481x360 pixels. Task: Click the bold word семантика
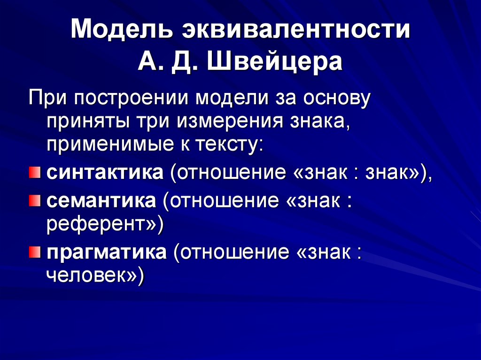click(101, 201)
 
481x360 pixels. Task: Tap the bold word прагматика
click(106, 253)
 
